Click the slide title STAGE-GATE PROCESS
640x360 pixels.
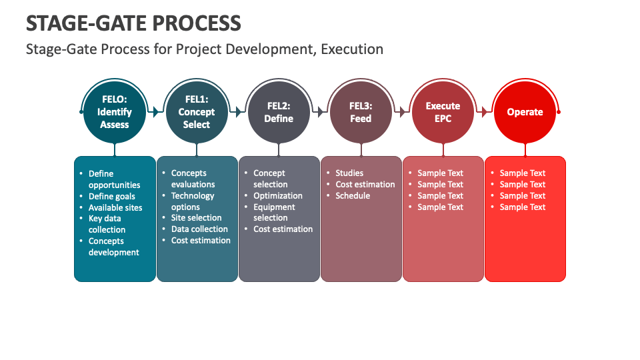click(133, 23)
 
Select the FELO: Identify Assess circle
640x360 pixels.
click(115, 112)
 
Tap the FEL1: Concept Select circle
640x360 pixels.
click(197, 112)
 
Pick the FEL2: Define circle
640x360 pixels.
click(279, 112)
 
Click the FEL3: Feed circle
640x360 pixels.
click(361, 112)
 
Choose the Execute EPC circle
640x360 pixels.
click(443, 112)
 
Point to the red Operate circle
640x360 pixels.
click(525, 112)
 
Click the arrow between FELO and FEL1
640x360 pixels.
click(155, 112)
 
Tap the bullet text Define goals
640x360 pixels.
click(111, 197)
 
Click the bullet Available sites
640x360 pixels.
click(115, 207)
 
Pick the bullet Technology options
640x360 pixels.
click(192, 201)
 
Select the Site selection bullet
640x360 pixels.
click(196, 218)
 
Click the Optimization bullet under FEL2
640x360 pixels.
click(277, 196)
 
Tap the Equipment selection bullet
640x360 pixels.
click(273, 213)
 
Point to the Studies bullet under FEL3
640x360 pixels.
click(349, 173)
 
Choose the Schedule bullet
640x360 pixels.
click(353, 196)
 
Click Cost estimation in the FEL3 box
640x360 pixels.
click(365, 185)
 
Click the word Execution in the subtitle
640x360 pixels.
click(352, 49)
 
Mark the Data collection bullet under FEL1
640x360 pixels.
click(199, 229)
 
